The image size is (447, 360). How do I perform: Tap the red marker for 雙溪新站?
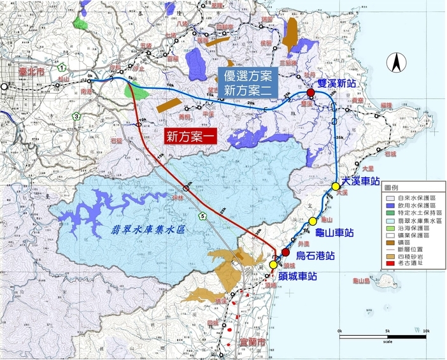311,93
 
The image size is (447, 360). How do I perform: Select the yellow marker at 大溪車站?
336,186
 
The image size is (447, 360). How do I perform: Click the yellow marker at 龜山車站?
312,220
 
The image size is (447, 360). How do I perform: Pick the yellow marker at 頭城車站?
273,264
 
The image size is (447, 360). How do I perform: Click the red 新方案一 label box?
192,136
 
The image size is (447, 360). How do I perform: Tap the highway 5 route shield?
202,217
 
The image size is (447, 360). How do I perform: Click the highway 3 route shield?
76,116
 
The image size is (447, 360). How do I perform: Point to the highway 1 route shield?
62,67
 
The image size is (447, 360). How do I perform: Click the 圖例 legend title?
391,189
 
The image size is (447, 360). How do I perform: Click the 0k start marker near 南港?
90,77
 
